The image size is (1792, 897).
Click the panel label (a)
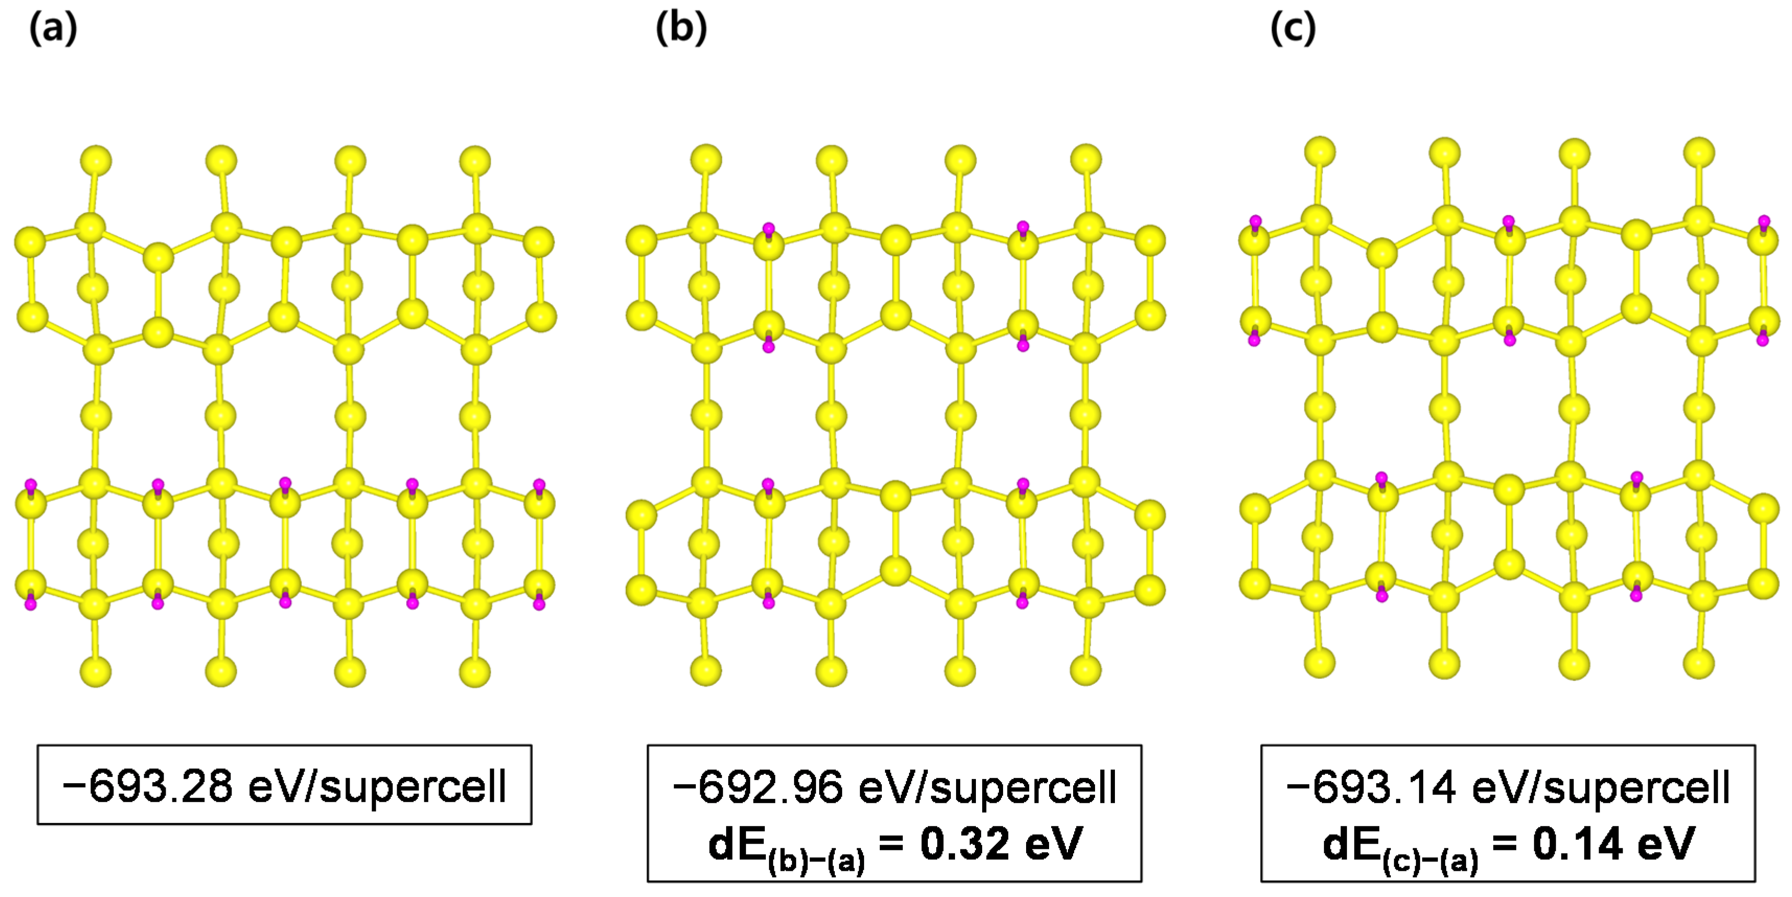pyautogui.click(x=53, y=29)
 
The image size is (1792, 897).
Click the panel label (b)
pyautogui.click(x=681, y=29)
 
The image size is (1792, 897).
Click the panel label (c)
pyautogui.click(x=1293, y=29)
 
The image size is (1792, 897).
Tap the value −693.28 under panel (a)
pyautogui.click(x=147, y=786)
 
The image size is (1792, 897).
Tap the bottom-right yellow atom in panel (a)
pyautogui.click(x=475, y=672)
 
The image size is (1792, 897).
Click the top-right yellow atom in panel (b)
pyautogui.click(x=1086, y=160)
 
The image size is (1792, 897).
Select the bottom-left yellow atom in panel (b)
pyautogui.click(x=706, y=670)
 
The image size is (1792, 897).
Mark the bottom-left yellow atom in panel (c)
pyautogui.click(x=1320, y=662)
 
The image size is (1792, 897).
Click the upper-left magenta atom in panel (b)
pyautogui.click(x=768, y=228)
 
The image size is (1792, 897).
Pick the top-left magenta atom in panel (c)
pyautogui.click(x=1255, y=222)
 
